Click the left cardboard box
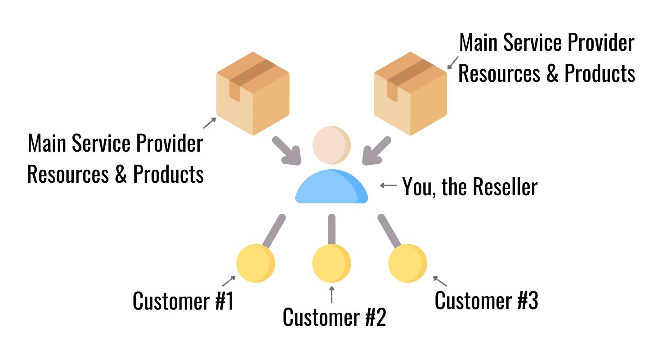(253, 94)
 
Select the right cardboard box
(411, 94)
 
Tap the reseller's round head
(331, 145)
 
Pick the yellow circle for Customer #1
(255, 263)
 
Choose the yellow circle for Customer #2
(331, 263)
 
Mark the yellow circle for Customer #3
(407, 263)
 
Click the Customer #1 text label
(183, 301)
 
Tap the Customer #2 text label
(334, 317)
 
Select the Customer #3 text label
(486, 301)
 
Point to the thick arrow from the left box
(286, 151)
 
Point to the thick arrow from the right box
(377, 151)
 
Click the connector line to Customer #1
(273, 232)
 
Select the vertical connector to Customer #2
(331, 229)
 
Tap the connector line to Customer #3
(389, 232)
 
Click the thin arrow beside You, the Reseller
(388, 185)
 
